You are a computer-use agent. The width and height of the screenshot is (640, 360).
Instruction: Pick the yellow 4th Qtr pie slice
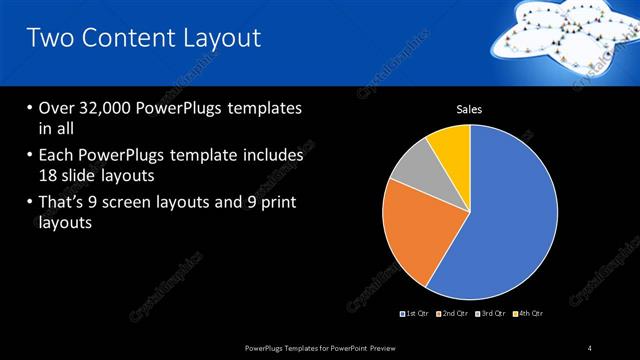[451, 147]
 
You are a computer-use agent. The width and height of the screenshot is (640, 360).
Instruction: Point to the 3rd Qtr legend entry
[493, 314]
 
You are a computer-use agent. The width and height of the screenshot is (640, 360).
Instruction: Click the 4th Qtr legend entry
[530, 314]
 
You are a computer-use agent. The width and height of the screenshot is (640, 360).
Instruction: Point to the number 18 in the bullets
[49, 175]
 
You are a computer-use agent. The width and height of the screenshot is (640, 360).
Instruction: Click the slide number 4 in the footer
[590, 348]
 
